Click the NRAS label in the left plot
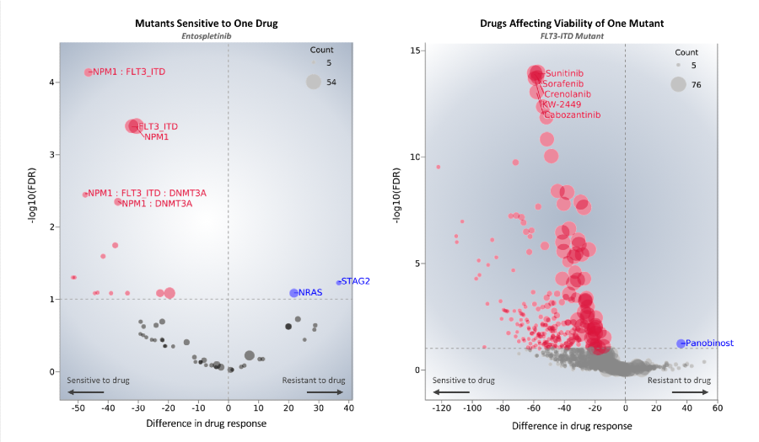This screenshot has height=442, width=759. tap(311, 292)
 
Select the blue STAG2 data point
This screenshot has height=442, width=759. tap(339, 282)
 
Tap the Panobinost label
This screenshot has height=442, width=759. tap(709, 343)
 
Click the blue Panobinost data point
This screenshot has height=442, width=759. tap(681, 343)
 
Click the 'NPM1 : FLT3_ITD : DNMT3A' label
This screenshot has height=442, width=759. tap(148, 193)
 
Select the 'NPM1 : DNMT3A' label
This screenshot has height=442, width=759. tap(158, 203)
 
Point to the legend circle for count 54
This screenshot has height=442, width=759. tap(313, 82)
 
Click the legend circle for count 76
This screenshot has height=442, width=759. tap(678, 84)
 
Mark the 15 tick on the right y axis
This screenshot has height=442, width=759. tap(415, 51)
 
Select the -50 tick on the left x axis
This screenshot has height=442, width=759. tap(78, 407)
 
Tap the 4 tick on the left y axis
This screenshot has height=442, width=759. tap(51, 83)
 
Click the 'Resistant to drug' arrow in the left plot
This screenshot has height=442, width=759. tap(326, 391)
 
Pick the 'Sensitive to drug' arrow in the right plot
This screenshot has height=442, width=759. tap(451, 391)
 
